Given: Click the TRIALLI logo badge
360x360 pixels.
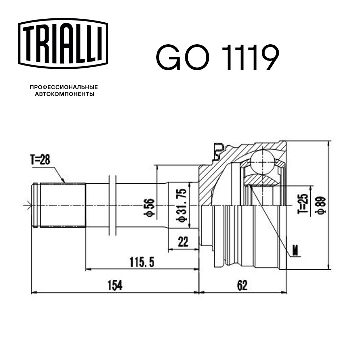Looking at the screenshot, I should click(63, 43).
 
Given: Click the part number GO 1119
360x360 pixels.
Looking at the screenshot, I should click(217, 58).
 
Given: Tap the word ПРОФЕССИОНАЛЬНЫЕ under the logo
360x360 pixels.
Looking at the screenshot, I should click(64, 87).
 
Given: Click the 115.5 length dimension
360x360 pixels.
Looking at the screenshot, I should click(142, 263).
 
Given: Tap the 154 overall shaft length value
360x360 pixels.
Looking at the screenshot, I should click(115, 286).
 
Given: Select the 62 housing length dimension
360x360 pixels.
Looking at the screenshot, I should click(243, 286).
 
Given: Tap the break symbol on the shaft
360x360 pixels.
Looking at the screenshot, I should click(112, 205).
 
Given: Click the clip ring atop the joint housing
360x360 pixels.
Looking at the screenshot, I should click(218, 151).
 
